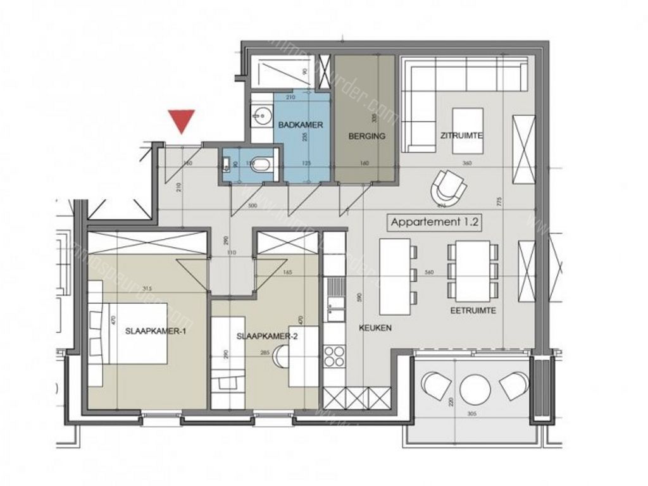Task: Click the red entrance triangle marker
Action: pyautogui.click(x=182, y=120)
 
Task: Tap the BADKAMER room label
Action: pyautogui.click(x=301, y=125)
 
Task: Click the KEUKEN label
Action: pyautogui.click(x=375, y=328)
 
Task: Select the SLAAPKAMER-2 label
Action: pyautogui.click(x=266, y=337)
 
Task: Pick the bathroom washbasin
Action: pyautogui.click(x=258, y=116)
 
